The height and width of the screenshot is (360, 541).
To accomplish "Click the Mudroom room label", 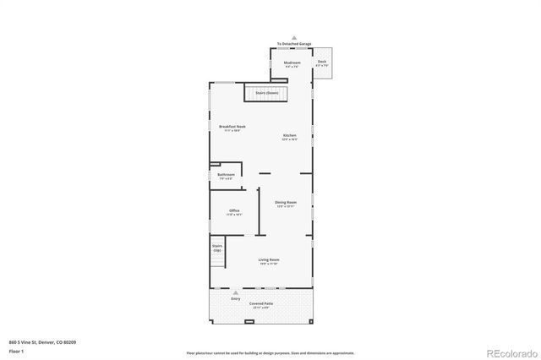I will (292, 63).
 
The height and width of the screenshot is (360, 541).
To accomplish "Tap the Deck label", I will (322, 62).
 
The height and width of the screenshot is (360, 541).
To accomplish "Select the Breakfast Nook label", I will (232, 126).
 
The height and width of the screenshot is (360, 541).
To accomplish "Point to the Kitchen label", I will (290, 135).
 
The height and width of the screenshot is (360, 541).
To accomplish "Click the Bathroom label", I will (227, 175).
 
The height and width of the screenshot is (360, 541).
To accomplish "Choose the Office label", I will (234, 210).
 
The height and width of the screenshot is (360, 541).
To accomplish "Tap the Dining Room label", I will (286, 202).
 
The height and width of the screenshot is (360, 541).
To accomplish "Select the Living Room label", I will (269, 259).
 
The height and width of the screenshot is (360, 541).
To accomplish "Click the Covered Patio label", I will (261, 303).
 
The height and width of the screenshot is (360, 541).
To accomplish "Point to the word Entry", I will (236, 298).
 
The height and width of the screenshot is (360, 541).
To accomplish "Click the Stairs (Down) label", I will (267, 92).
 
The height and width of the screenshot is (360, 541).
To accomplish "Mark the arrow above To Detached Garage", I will (293, 38).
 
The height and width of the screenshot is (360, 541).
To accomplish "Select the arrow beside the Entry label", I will (236, 292).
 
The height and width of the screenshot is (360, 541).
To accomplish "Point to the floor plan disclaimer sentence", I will (270, 352).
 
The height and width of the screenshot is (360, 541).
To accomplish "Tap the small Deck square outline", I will (322, 63).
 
